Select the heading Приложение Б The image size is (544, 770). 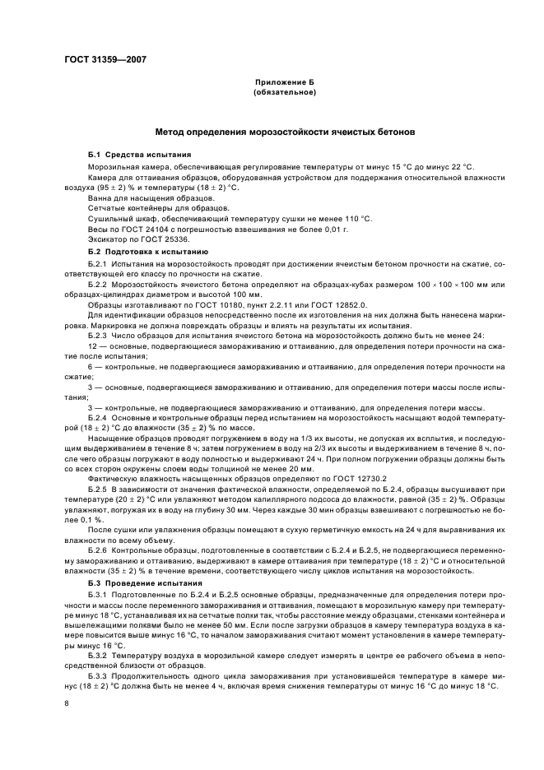coord(284,84)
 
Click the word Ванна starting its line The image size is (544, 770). coord(100,198)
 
